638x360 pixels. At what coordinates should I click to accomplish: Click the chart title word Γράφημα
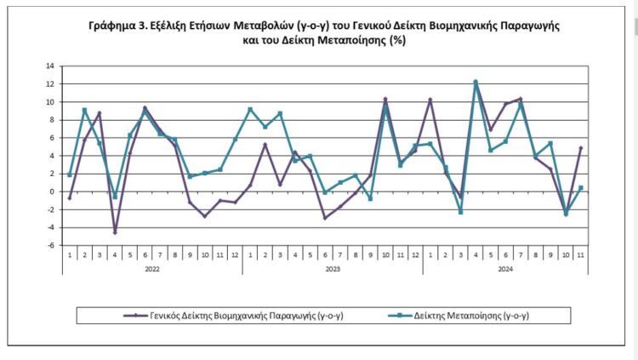point(112,27)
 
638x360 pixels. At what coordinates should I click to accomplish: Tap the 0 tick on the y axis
point(51,191)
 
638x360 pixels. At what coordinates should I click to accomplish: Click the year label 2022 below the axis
point(151,269)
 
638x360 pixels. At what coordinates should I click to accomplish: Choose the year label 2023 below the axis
point(333,269)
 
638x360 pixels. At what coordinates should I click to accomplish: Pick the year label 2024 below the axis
point(504,269)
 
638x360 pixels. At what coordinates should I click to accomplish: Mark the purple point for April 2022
point(115,231)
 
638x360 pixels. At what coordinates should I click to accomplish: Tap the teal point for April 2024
point(476,82)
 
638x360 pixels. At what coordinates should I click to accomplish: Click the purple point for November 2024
point(581,148)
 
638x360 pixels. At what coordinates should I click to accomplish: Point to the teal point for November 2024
point(581,188)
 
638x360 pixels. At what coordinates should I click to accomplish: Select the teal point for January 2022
point(70,175)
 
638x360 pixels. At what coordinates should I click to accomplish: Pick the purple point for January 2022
point(70,197)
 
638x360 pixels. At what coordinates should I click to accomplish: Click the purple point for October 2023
point(385,100)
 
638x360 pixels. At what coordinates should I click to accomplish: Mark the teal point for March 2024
point(460,212)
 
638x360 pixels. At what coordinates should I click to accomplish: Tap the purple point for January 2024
point(430,100)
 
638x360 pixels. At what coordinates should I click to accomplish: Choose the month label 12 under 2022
point(235,254)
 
